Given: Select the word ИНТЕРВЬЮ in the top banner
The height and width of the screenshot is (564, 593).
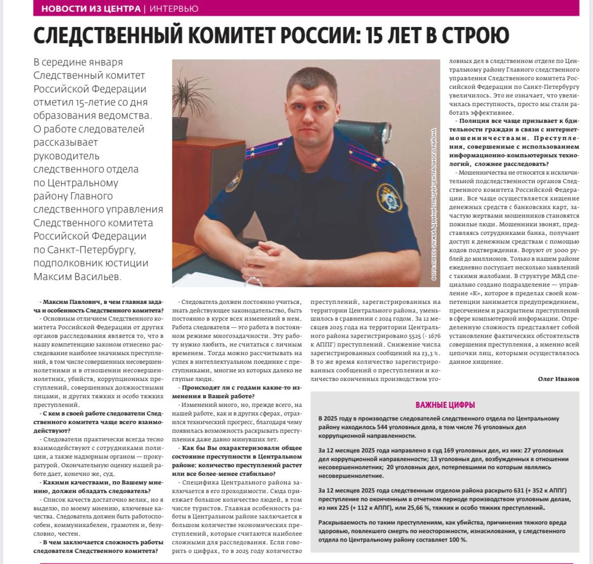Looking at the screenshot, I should [x=174, y=9].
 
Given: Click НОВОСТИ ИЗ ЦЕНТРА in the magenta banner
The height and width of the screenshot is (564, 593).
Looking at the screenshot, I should [x=91, y=9].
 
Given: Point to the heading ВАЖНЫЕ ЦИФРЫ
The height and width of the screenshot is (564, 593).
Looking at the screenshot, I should [x=445, y=405].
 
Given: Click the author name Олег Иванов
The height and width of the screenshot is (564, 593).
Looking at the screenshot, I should [x=558, y=379].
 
